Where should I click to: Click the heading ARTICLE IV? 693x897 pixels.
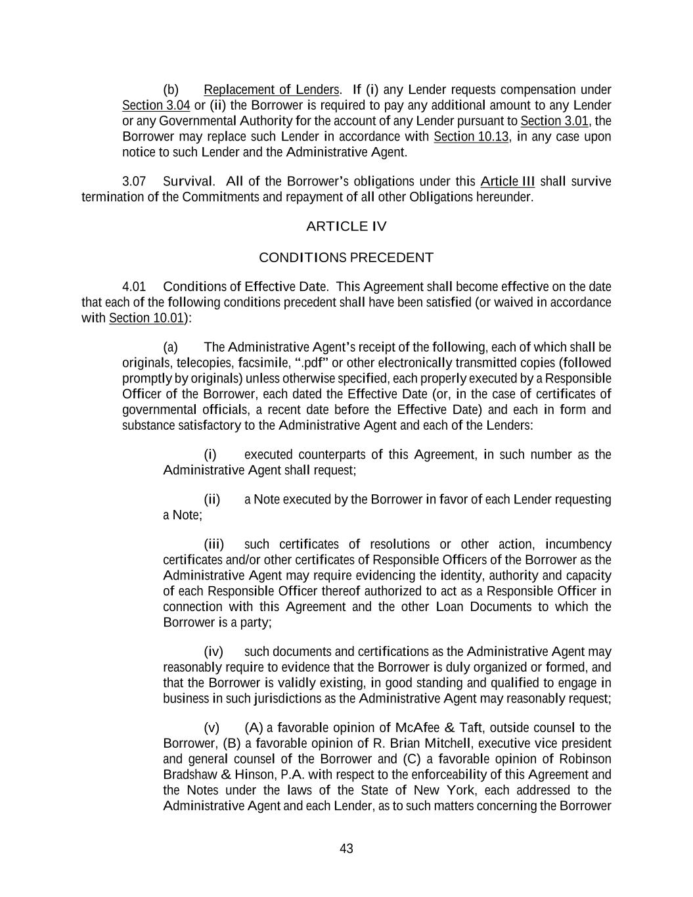pyautogui.click(x=346, y=227)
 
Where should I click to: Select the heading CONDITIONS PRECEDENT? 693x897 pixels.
pyautogui.click(x=346, y=258)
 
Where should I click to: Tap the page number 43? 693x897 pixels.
pyautogui.click(x=346, y=848)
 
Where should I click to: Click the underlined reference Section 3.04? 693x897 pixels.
pyautogui.click(x=156, y=105)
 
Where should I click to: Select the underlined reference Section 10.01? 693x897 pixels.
pyautogui.click(x=146, y=318)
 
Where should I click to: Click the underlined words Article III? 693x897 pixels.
pyautogui.click(x=508, y=181)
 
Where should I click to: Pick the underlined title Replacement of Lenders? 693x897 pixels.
pyautogui.click(x=271, y=89)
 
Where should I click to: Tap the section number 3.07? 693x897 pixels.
pyautogui.click(x=134, y=181)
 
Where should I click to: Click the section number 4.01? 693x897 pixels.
pyautogui.click(x=134, y=287)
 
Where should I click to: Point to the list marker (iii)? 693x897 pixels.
pyautogui.click(x=213, y=544)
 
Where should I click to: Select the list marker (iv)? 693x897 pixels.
pyautogui.click(x=213, y=652)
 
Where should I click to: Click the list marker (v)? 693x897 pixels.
pyautogui.click(x=212, y=727)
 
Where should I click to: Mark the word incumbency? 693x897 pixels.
pyautogui.click(x=578, y=544)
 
